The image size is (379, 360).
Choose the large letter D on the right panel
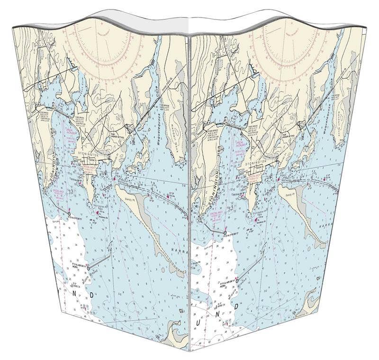coord(235,306)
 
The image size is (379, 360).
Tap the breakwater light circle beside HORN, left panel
coord(88,268)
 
